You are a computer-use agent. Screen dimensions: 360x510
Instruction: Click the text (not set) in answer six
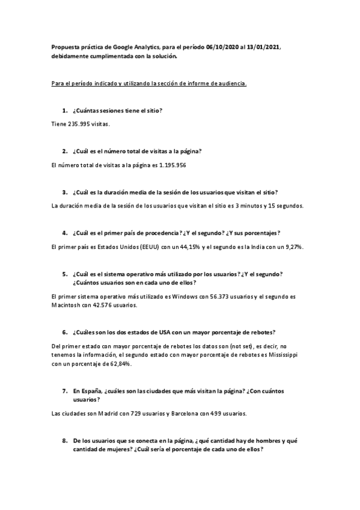point(235,346)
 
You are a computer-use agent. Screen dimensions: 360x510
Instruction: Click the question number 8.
point(64,441)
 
